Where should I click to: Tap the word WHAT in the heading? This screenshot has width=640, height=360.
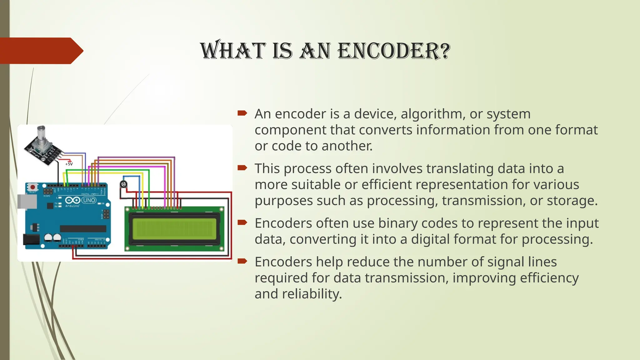click(x=232, y=51)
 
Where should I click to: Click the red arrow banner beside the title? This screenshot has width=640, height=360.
click(x=41, y=51)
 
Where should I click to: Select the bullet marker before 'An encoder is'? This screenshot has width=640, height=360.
click(x=242, y=113)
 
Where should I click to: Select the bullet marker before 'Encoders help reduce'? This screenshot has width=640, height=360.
click(x=242, y=261)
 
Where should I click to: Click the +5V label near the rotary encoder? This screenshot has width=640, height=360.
click(x=69, y=164)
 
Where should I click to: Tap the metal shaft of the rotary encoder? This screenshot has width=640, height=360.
click(x=41, y=132)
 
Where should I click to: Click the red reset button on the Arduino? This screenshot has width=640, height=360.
click(x=32, y=187)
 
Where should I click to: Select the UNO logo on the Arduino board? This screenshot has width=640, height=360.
click(x=89, y=200)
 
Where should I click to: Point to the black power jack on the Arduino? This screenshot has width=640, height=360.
click(x=31, y=240)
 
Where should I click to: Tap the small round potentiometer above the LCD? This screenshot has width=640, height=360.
click(x=124, y=184)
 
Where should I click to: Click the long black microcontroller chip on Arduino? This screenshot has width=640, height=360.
click(x=83, y=228)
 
